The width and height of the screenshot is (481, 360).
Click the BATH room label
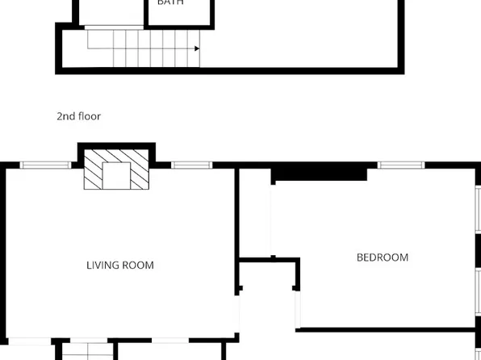(x=170, y=3)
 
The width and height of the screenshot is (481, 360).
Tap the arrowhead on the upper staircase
(x=196, y=49)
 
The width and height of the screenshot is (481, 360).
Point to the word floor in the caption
(x=89, y=116)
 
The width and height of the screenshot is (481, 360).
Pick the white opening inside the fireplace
(x=118, y=175)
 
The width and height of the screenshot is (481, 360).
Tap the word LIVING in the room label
(x=104, y=265)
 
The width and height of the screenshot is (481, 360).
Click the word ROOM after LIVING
(x=139, y=265)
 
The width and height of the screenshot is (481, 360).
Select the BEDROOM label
(x=383, y=257)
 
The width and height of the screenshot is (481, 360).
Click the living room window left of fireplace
(x=46, y=165)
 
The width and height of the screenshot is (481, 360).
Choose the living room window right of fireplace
(x=191, y=165)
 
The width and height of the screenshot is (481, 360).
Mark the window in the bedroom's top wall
(x=401, y=165)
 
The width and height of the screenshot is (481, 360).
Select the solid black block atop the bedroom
(x=319, y=173)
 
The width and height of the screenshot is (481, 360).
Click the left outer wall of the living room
(x=3, y=258)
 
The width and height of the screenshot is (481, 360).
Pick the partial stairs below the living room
(x=85, y=352)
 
